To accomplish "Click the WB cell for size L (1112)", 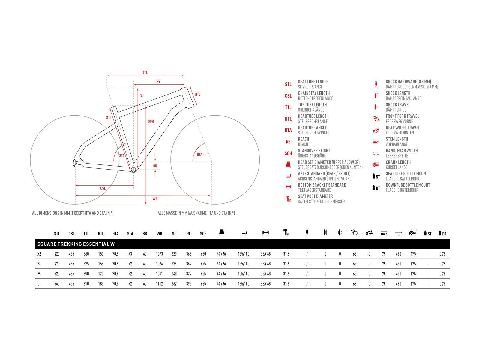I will coord(159,284).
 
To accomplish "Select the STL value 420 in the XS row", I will coord(57,254).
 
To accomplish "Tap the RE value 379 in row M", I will coord(189,274).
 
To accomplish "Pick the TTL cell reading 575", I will coord(86,264).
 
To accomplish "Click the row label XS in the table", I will coord(39,254).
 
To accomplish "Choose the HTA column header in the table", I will coord(115,234).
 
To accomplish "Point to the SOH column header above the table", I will coord(203,234).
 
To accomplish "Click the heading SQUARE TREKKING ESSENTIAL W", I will coord(76,244).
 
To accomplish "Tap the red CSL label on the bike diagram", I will coord(103,188).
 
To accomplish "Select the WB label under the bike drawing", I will coord(155,199).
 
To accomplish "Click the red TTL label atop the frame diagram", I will coord(145,73).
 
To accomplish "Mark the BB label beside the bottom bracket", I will coord(155,166).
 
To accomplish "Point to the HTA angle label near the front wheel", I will coord(200,154).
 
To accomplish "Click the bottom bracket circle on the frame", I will coord(133,170).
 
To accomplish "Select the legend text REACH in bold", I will coord(303,139).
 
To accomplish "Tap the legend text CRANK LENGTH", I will coord(398,162).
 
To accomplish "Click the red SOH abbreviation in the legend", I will coord(288,153).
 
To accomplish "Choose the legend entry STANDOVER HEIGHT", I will coord(314,151).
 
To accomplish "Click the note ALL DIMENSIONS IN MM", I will coord(73,213).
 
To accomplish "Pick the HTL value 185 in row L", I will coord(101,284).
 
